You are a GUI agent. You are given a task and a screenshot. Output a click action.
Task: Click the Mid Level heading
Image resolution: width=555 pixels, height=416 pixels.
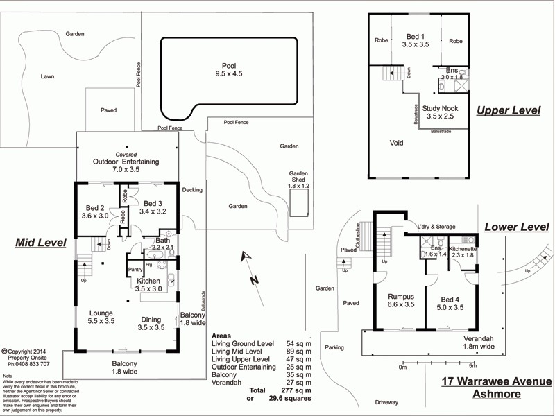click(41, 243)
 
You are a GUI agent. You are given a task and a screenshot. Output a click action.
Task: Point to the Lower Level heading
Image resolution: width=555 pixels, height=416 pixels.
click(516, 227)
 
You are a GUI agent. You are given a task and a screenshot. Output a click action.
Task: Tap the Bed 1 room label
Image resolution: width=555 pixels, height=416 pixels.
click(416, 40)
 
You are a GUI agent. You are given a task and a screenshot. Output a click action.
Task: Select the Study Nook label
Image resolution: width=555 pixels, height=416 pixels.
click(440, 112)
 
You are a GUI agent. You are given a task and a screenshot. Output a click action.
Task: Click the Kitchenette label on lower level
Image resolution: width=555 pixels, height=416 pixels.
click(463, 252)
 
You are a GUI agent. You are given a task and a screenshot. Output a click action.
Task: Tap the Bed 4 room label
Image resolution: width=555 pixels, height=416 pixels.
click(451, 304)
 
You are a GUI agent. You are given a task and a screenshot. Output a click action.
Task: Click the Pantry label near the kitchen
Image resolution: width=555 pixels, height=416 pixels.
click(135, 270)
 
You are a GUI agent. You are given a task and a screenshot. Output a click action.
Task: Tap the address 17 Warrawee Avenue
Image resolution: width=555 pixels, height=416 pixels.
click(496, 382)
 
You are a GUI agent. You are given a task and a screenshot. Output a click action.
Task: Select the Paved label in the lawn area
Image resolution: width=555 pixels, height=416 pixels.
click(108, 110)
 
